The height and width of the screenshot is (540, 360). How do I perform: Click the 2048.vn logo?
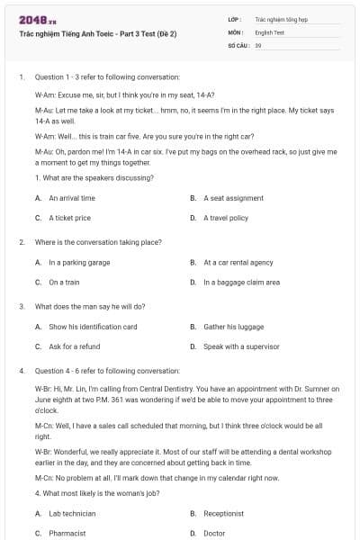point(33,19)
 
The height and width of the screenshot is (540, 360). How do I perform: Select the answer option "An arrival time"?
point(72,197)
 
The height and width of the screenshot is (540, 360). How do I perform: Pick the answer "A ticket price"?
point(69,218)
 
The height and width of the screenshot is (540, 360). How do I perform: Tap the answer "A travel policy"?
point(226,218)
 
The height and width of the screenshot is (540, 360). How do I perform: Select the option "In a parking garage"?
point(79,262)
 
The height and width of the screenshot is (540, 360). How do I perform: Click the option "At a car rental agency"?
point(238,262)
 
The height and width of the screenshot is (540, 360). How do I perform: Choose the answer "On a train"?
point(64,282)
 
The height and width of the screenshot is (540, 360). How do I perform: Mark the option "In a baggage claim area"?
point(241,282)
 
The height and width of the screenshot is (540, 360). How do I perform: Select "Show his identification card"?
point(93,326)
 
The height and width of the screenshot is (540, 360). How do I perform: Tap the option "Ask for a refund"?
point(74,346)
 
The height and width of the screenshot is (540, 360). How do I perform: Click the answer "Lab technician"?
point(73,513)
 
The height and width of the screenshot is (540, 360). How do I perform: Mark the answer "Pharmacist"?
point(67,533)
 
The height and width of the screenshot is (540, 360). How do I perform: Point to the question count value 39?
point(258,44)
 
